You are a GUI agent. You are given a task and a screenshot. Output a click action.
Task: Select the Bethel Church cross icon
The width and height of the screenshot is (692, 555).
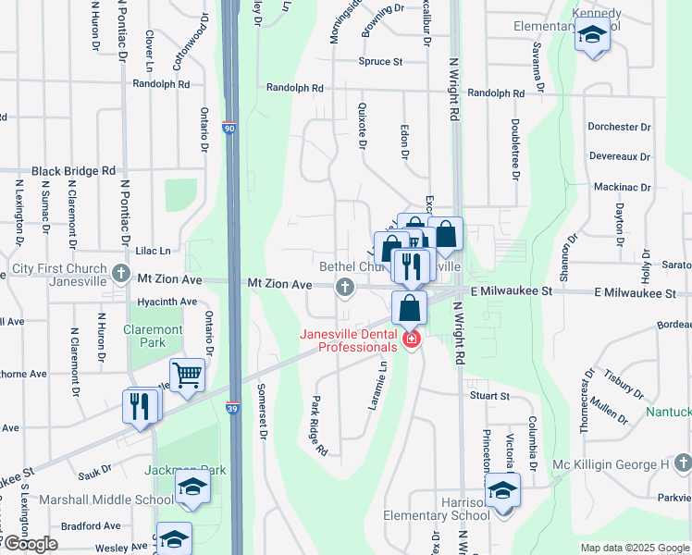point(345,287)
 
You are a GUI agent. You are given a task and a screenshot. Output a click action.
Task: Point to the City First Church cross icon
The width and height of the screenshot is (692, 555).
point(121,274)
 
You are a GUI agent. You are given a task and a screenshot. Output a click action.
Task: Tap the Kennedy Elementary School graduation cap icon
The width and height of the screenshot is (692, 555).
point(591,37)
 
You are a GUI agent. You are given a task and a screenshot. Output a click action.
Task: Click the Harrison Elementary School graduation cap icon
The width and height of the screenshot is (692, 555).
point(503,488)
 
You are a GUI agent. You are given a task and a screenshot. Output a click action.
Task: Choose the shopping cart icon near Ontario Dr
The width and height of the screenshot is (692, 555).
point(188,375)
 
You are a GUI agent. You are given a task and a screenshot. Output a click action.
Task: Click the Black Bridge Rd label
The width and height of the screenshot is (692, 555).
point(73,171)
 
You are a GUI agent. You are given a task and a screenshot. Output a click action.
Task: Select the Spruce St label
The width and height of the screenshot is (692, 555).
point(381,62)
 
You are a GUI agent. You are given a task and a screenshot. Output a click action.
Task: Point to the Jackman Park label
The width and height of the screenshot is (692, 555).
point(185,470)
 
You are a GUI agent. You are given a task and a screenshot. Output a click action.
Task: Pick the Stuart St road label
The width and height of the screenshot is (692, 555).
point(489,396)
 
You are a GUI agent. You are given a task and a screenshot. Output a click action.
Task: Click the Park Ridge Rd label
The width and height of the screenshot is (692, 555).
point(319,426)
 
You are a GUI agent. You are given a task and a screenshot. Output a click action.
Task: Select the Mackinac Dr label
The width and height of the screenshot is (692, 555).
point(622,187)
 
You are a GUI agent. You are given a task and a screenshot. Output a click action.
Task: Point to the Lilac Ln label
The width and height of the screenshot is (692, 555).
point(154,251)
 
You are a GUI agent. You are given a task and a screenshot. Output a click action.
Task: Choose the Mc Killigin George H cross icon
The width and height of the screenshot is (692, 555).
point(682,463)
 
